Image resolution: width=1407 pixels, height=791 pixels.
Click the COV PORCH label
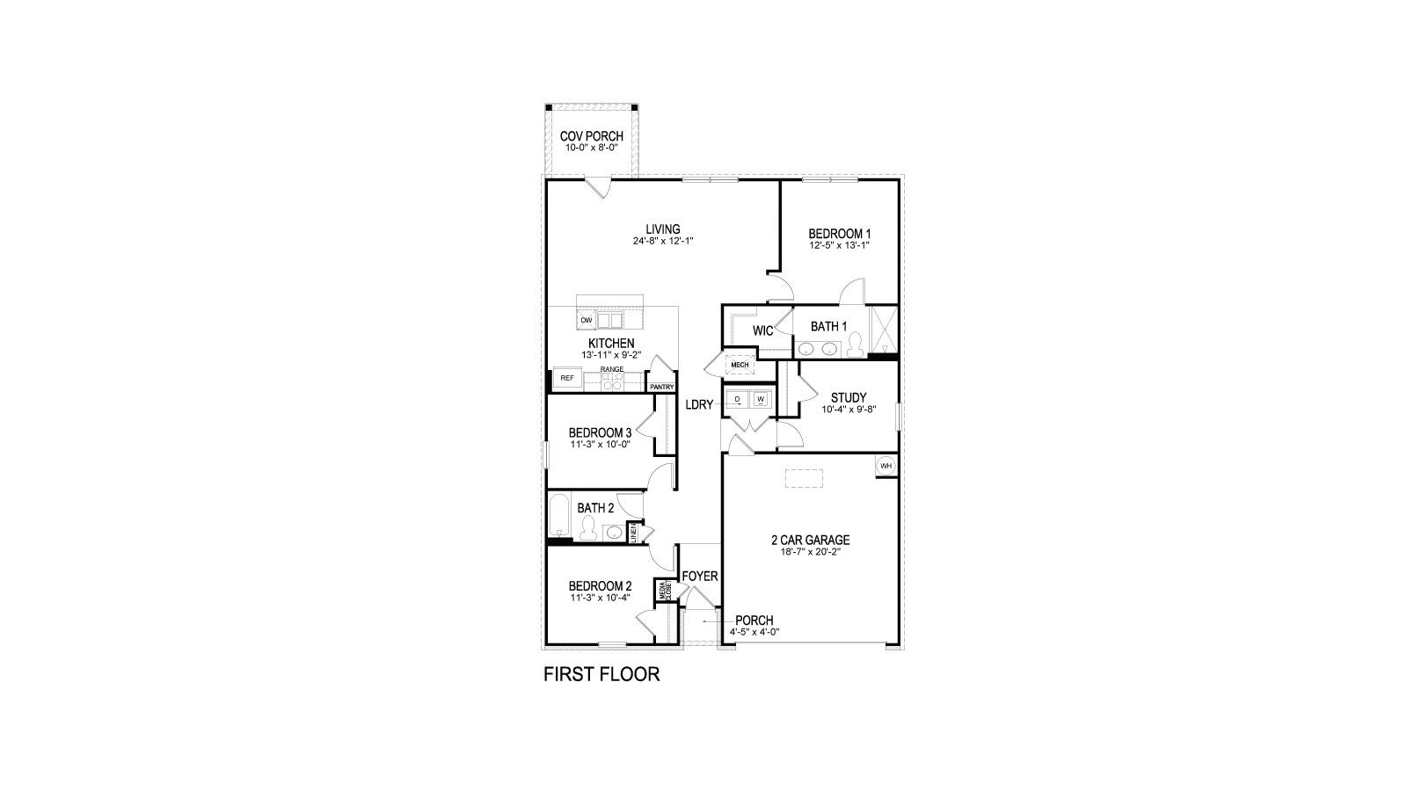(591, 136)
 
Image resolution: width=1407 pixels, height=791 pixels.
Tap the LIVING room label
(663, 229)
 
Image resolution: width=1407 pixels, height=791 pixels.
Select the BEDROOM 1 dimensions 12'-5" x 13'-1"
(840, 245)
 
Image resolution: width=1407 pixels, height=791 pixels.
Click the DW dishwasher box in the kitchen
(586, 320)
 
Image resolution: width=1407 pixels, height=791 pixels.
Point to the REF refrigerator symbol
(567, 378)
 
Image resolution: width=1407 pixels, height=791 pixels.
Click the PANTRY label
(661, 387)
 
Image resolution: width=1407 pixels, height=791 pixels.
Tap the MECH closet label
(739, 365)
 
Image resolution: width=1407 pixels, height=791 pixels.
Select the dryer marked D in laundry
(738, 400)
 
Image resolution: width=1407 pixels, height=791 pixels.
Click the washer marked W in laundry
(761, 400)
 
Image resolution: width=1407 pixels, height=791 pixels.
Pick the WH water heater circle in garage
(886, 465)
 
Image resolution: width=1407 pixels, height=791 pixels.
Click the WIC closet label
(762, 331)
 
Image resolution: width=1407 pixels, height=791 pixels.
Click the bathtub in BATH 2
(559, 518)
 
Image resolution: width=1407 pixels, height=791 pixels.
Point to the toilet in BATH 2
(588, 528)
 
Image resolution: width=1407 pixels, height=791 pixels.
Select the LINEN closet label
(631, 533)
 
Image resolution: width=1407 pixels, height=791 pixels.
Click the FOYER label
(700, 577)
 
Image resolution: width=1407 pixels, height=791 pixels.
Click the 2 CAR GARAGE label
(810, 541)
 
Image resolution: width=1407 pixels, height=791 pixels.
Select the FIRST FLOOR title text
(601, 675)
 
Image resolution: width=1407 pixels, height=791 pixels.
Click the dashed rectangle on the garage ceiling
(806, 477)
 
